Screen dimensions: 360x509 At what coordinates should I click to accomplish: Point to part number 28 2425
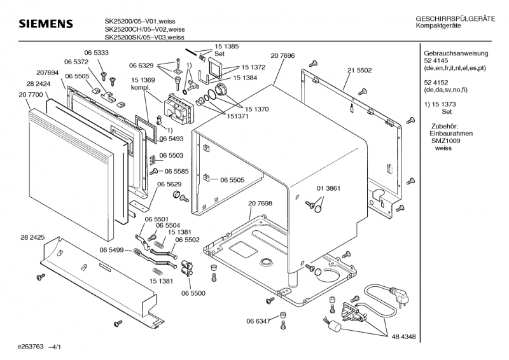point(32,237)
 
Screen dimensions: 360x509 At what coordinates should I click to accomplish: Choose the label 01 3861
point(329,188)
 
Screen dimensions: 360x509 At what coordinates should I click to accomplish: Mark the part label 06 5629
point(170,184)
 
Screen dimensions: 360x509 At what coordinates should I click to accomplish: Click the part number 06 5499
point(112,250)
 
